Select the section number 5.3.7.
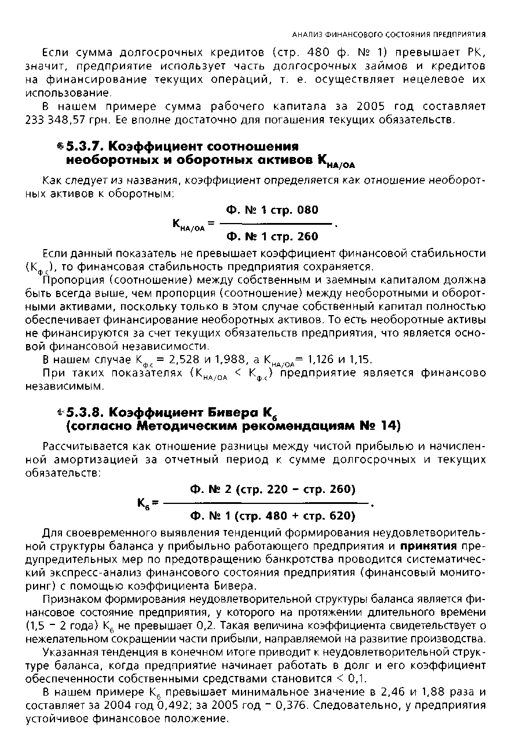(x=86, y=145)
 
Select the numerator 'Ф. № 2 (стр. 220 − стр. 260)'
(x=272, y=489)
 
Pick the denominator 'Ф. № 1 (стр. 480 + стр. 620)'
(x=272, y=516)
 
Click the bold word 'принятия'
(x=428, y=546)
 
